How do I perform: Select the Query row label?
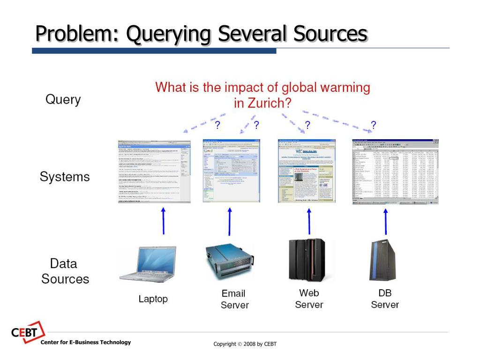click(x=63, y=99)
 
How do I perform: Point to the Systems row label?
click(x=65, y=177)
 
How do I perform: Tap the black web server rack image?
click(x=307, y=260)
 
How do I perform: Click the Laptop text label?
click(x=153, y=299)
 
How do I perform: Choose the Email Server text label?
click(x=234, y=299)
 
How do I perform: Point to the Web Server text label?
click(x=309, y=299)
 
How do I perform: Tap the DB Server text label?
click(x=385, y=299)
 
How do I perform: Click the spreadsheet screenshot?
click(x=395, y=172)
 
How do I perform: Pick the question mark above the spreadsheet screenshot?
click(x=373, y=125)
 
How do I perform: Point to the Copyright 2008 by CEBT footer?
click(x=245, y=344)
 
